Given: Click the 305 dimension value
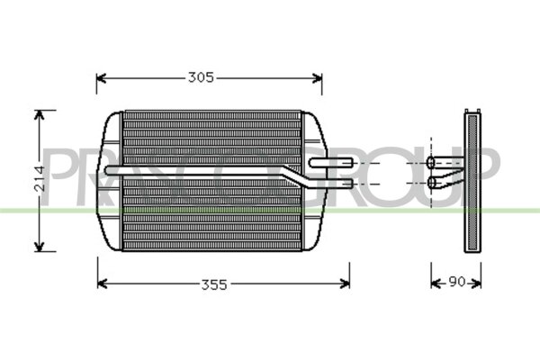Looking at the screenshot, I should [201, 77].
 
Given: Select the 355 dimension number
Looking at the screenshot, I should [212, 283].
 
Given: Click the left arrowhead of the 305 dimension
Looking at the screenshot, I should [100, 78].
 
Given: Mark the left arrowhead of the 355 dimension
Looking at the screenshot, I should [100, 283].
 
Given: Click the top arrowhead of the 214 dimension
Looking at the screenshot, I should [39, 114].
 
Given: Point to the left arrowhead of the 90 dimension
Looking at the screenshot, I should [434, 283].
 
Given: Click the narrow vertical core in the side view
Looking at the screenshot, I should [472, 180].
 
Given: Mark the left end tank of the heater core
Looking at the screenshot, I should [111, 180].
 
